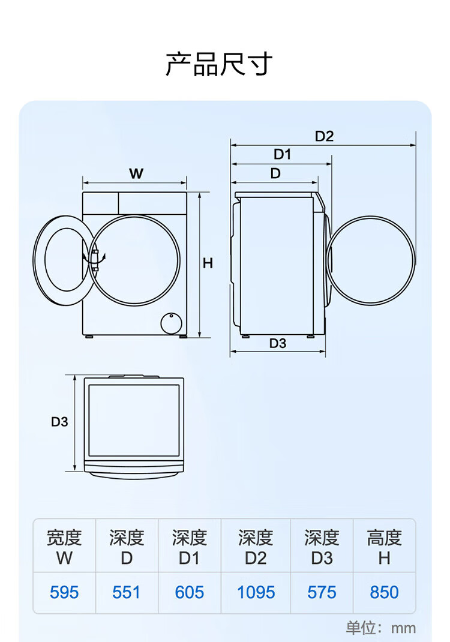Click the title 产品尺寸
tap(219, 64)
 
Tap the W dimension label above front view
tap(136, 173)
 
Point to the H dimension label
tap(208, 263)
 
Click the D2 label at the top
tap(324, 136)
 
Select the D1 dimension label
tap(282, 154)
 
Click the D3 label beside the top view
tap(59, 422)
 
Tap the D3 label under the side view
tap(278, 343)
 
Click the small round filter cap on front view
tap(172, 323)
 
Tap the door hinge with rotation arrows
tap(95, 259)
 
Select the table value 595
tap(64, 592)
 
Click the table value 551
tap(127, 592)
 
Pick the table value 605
tap(189, 592)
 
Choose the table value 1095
tap(256, 592)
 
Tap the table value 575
tap(322, 592)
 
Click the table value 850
tap(384, 592)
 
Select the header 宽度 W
tap(64, 547)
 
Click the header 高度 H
tap(384, 547)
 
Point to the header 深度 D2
tap(256, 547)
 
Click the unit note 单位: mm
tap(381, 628)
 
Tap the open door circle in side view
tap(371, 217)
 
